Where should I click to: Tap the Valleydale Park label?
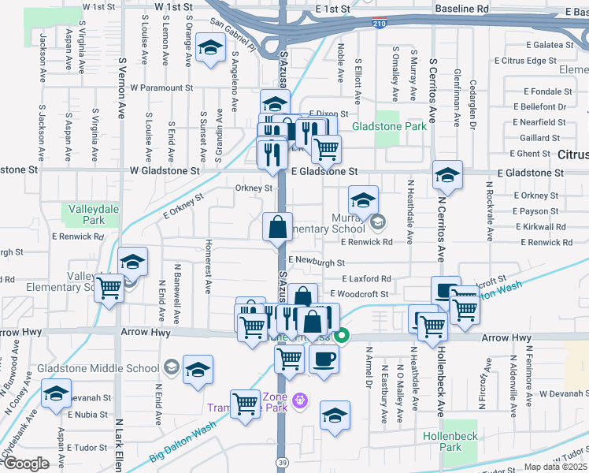(x=87, y=215)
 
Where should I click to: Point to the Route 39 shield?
(x=281, y=460)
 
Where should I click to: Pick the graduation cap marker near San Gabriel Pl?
(x=211, y=49)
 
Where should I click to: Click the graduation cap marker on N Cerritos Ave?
(x=447, y=175)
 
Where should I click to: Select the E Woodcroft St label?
(x=360, y=294)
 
